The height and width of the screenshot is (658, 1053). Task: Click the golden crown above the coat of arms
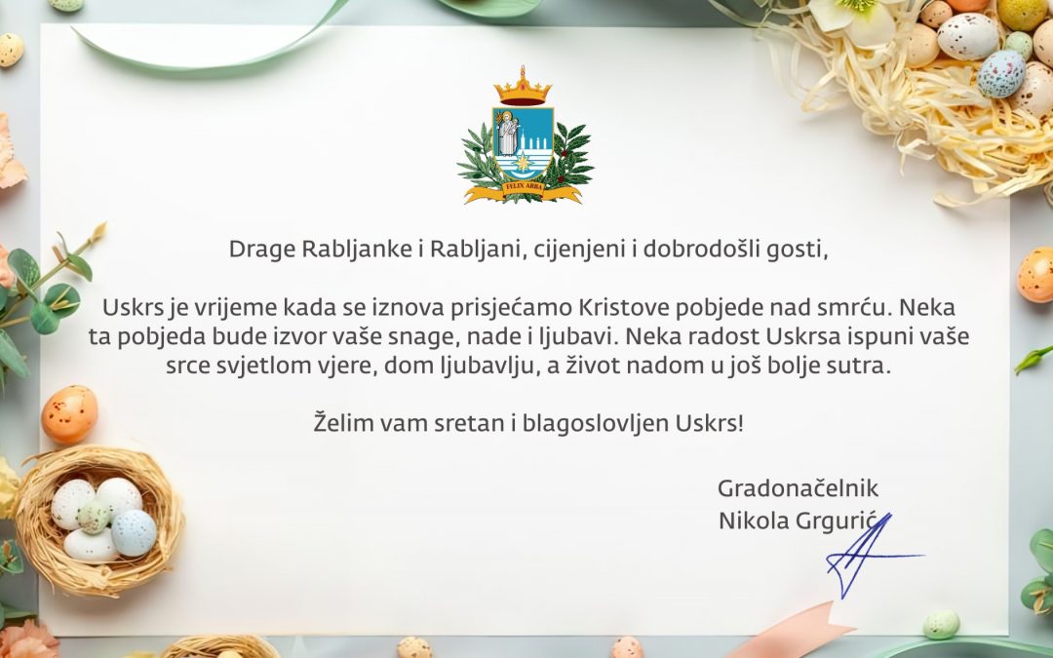coord(523,87)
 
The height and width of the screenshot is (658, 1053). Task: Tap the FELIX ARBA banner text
coord(523,187)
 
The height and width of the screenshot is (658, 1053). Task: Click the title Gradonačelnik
coord(798,488)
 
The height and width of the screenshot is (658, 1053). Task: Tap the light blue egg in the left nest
coord(134,532)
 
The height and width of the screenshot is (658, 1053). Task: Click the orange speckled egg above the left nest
coord(69,414)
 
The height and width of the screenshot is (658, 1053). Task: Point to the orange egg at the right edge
coord(1035,275)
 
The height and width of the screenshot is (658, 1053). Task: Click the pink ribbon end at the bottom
coord(793,633)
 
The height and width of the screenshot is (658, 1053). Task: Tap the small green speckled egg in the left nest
coord(94,516)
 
